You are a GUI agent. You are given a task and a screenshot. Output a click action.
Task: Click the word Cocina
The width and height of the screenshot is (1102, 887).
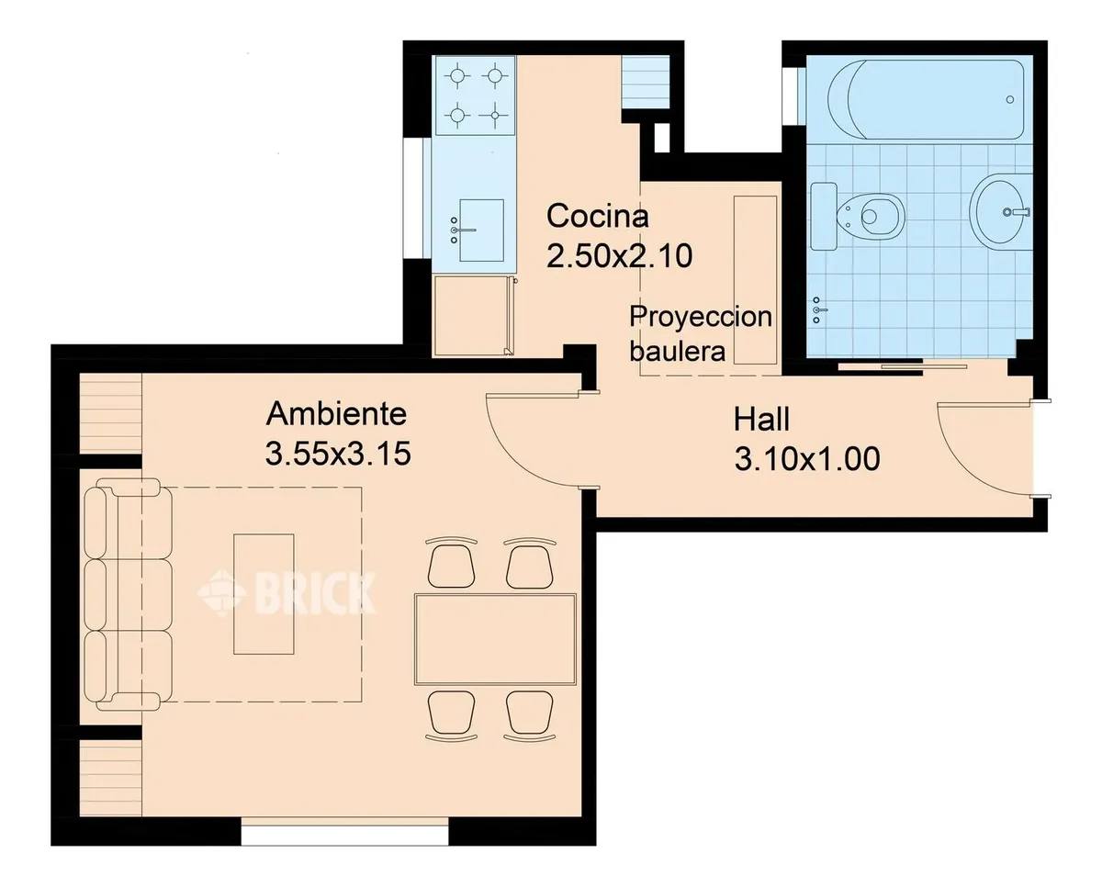coord(598,216)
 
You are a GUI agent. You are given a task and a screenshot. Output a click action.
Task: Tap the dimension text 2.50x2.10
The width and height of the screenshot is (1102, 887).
coord(619,256)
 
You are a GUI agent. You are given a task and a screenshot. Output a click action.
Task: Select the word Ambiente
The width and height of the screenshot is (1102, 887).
coord(336,414)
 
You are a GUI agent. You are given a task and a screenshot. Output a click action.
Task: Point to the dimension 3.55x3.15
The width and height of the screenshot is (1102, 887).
coord(338,454)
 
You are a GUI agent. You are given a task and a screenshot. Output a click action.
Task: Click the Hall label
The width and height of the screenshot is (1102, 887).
coord(761,420)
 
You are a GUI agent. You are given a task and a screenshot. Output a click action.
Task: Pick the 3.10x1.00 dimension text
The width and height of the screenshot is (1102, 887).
coord(807,459)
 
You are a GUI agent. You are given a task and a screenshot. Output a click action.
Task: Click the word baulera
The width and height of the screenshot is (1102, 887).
coord(678,352)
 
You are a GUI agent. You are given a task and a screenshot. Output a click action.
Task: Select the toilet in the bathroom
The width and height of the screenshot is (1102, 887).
coord(858,217)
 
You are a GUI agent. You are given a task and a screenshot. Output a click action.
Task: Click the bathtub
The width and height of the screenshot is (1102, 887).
coord(926,99)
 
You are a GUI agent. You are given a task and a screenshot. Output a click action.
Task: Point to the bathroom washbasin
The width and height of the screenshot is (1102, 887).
coord(1001,211)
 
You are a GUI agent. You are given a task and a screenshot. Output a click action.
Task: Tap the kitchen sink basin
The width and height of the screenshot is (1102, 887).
coord(481,230)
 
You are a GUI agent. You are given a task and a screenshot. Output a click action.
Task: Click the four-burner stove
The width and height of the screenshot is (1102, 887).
coord(475,95)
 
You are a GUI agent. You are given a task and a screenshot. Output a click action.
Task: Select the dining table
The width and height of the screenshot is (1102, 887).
coord(495,638)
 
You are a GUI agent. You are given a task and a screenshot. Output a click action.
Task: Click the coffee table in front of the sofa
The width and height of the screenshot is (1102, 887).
coord(264,594)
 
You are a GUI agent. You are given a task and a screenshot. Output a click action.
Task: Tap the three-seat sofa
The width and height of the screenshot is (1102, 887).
coord(128,594)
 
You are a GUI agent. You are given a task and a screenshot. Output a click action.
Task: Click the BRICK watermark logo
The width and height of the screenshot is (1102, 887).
coord(287,592)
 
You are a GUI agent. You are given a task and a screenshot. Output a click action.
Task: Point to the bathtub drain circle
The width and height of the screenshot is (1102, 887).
coord(1010,99)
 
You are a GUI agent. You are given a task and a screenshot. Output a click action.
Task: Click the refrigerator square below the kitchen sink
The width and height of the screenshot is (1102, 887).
coord(472,316)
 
